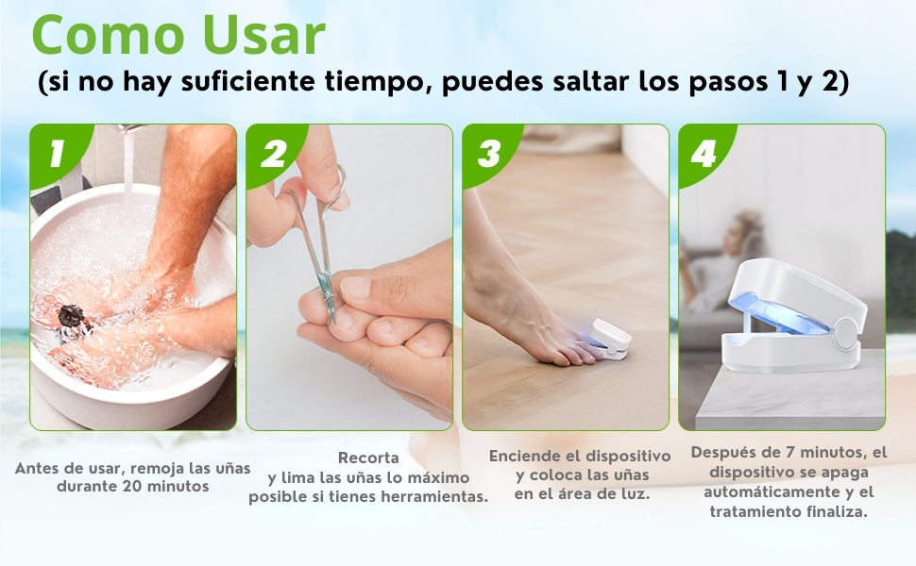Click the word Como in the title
108,35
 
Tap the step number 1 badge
57,153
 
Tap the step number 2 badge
274,153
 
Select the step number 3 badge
489,153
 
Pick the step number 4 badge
704,153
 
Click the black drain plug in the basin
71,317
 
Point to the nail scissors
318,245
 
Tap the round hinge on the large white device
845,333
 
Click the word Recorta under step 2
368,458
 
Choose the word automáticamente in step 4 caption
772,491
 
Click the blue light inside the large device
784,314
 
